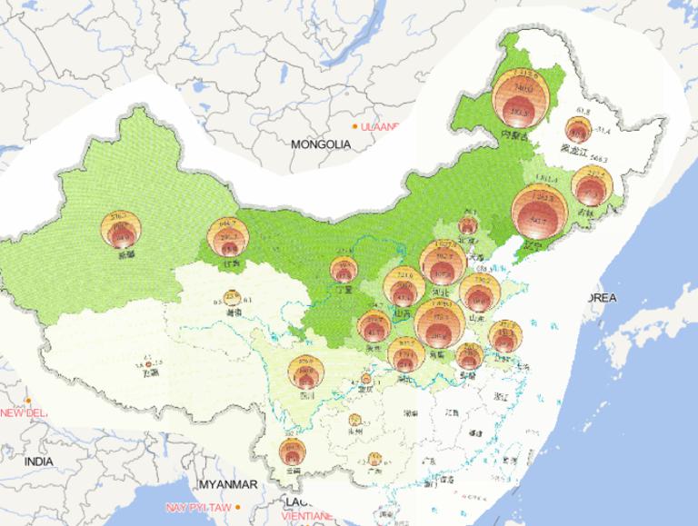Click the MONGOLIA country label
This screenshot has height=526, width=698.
point(321,144)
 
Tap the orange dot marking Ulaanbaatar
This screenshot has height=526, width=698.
point(355,126)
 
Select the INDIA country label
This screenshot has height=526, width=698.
point(38,461)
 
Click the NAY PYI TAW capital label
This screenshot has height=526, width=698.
point(196,506)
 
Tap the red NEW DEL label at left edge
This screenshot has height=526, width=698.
point(23,412)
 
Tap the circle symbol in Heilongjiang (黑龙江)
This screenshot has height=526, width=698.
point(575,131)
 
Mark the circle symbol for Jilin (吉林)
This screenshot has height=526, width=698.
point(592,189)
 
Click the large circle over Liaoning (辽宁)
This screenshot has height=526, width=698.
point(539,213)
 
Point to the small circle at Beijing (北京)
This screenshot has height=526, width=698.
point(469,224)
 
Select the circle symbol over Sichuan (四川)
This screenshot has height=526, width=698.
point(304,372)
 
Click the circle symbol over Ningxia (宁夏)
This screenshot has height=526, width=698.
point(343,269)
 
